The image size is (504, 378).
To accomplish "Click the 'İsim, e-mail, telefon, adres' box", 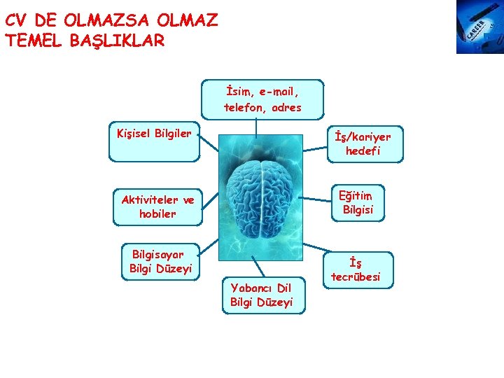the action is point(262,99).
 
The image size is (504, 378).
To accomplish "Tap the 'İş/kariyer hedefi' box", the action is point(363,144).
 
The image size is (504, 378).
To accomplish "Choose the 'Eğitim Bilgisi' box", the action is point(356,202).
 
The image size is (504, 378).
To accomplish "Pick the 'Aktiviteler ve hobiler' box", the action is point(157,206).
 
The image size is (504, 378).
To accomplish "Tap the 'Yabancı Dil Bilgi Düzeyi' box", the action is point(261,295).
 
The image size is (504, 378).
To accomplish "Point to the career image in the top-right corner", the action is point(479,27).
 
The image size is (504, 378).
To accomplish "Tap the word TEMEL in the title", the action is point(34,41).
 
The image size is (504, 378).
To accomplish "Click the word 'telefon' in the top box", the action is point(241,108).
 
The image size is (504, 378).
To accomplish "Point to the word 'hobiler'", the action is point(157,214).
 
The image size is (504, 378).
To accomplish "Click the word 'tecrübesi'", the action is point(357,277).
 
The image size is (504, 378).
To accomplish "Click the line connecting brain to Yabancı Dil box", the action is point(258,267).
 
